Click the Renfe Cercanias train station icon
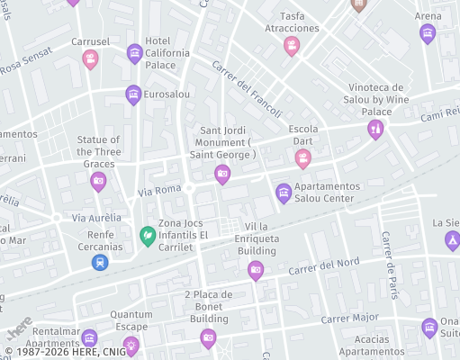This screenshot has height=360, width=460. [99, 262]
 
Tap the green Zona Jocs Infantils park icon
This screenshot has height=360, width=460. [146, 235]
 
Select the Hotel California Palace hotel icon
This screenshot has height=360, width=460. [134, 53]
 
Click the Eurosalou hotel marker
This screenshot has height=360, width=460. [133, 94]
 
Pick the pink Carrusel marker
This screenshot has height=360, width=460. [90, 59]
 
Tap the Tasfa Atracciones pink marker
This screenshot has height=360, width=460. [291, 45]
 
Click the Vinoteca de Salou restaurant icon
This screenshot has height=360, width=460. [375, 130]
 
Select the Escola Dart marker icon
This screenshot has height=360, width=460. [303, 158]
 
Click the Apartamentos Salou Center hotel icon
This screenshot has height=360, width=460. [284, 192]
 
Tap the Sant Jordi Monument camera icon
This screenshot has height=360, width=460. [222, 174]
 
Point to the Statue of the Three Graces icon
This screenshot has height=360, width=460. [98, 181]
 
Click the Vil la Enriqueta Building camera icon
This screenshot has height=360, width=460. [256, 269]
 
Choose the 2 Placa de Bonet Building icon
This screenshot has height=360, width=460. [208, 337]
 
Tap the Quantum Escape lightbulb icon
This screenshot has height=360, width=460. [131, 345]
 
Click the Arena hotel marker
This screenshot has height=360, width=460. [428, 33]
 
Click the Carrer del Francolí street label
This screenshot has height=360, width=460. [247, 89]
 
